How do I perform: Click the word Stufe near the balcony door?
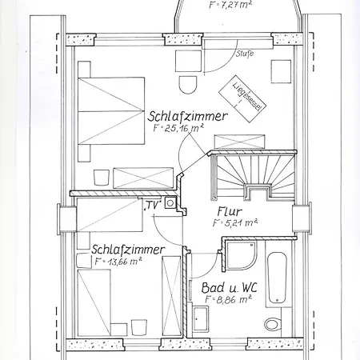244,54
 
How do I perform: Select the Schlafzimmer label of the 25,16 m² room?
188,117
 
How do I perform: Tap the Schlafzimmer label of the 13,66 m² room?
128,249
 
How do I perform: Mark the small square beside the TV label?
170,204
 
